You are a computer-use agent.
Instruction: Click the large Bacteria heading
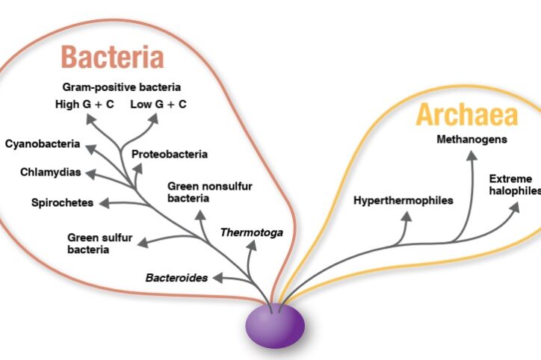pos(112,57)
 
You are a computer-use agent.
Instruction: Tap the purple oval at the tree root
pos(276,326)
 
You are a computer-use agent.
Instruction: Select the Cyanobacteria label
pos(41,143)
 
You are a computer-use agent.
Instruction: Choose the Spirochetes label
pos(62,202)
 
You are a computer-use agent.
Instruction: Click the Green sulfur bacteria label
pos(99,243)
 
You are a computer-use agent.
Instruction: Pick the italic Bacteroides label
pos(177,278)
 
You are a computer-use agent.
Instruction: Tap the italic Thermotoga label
pos(252,232)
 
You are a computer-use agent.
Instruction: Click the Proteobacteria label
pos(170,155)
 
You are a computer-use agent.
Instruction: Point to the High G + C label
pos(84,104)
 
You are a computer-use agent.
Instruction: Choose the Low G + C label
pos(158,104)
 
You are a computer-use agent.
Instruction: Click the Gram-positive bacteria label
pos(122,87)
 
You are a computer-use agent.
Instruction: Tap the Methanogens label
pos(472,139)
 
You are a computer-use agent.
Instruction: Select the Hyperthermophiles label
pos(404,200)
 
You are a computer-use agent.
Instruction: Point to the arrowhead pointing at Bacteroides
pos(216,278)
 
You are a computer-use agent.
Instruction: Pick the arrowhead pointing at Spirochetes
pos(104,202)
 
